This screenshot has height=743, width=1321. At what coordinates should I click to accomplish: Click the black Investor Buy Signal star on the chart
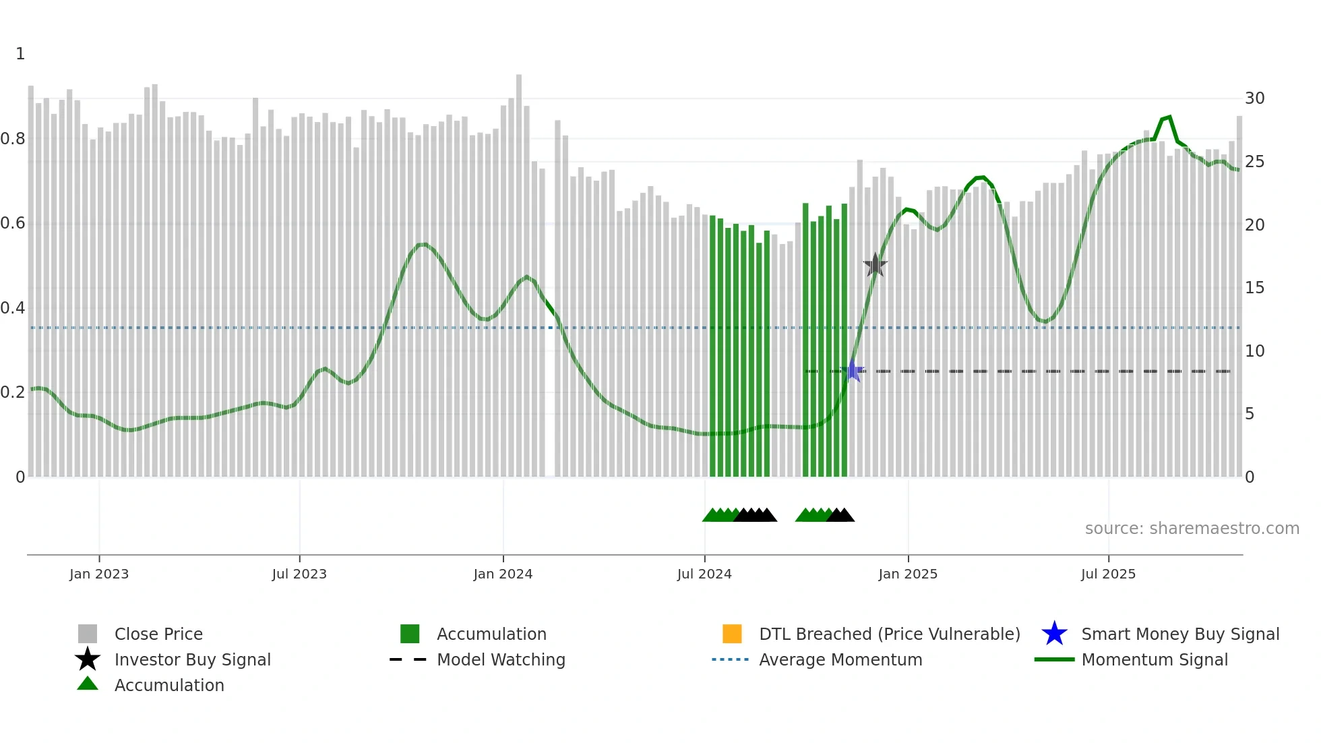pyautogui.click(x=875, y=266)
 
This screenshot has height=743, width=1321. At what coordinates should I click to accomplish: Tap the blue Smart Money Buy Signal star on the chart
pyautogui.click(x=853, y=371)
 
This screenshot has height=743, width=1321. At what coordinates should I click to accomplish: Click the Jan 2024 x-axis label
pyautogui.click(x=503, y=574)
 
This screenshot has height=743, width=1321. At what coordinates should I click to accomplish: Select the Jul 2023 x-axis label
pyautogui.click(x=299, y=574)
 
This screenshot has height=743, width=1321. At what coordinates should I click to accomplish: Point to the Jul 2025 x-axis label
pyautogui.click(x=1108, y=574)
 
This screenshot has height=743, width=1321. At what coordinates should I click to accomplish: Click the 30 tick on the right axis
pyautogui.click(x=1254, y=98)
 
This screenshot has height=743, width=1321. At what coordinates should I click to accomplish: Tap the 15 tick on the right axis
pyautogui.click(x=1254, y=288)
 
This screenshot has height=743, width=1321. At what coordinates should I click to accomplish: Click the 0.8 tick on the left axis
pyautogui.click(x=13, y=139)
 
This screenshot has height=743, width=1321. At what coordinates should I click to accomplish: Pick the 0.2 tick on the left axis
pyautogui.click(x=13, y=392)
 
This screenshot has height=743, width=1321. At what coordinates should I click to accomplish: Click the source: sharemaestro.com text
pyautogui.click(x=1192, y=529)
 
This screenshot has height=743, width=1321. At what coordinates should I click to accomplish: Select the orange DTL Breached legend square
pyautogui.click(x=732, y=634)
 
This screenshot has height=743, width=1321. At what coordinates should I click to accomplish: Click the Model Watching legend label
pyautogui.click(x=501, y=660)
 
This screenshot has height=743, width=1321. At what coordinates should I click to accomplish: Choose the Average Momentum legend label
pyautogui.click(x=840, y=660)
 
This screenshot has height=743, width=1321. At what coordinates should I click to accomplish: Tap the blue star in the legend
pyautogui.click(x=1054, y=634)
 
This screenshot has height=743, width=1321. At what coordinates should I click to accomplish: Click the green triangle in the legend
pyautogui.click(x=88, y=684)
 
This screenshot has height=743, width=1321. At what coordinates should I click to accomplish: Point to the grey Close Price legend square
pyautogui.click(x=88, y=634)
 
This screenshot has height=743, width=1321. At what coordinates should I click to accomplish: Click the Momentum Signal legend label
pyautogui.click(x=1155, y=660)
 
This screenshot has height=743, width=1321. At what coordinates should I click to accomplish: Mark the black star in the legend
pyautogui.click(x=88, y=659)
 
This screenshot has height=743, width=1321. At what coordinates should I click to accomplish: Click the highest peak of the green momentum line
pyautogui.click(x=1169, y=117)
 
